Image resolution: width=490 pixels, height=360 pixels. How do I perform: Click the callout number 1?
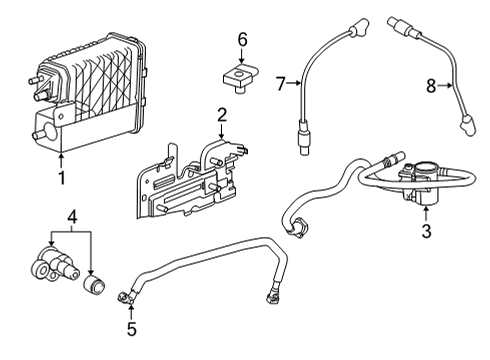pyautogui.click(x=62, y=180)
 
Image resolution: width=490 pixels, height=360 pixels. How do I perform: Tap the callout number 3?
pyautogui.click(x=425, y=232)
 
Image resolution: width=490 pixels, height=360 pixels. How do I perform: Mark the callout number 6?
pyautogui.click(x=241, y=39)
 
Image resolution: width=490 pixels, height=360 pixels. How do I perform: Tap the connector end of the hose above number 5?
pyautogui.click(x=124, y=295)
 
